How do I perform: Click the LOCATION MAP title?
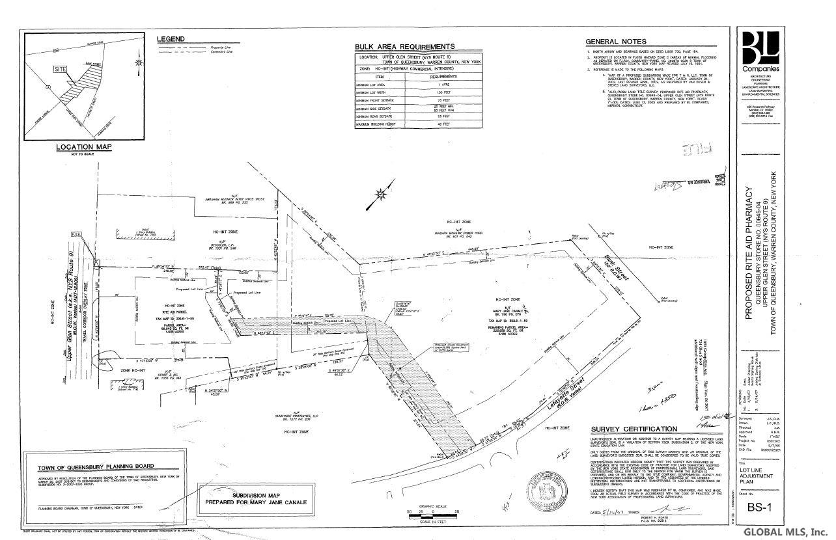click(x=83, y=147)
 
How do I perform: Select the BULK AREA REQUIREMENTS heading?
click(x=404, y=47)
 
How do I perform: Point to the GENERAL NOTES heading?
click(x=611, y=42)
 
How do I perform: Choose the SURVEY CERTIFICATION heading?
click(x=634, y=429)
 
